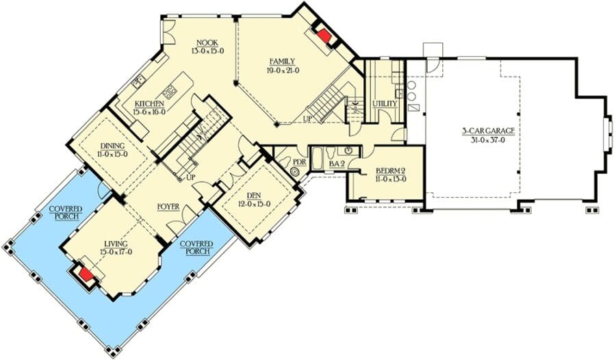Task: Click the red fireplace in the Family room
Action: pos(325,36)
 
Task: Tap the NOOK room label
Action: pos(207,43)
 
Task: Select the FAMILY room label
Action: pos(282,62)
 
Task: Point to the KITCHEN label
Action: pos(149,103)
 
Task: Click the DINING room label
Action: pos(112,146)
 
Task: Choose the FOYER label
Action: pos(168,207)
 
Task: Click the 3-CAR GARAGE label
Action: pos(488,131)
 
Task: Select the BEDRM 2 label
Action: pos(390,171)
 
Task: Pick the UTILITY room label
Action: pos(385,103)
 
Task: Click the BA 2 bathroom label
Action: pos(337,163)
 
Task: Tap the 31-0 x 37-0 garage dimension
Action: pos(487,140)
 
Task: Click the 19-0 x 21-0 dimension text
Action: pos(283,70)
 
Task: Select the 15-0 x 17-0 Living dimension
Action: pos(116,252)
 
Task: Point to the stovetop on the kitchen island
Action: pos(169,93)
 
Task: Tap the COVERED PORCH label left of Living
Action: pos(66,213)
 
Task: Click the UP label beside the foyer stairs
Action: pos(190,177)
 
